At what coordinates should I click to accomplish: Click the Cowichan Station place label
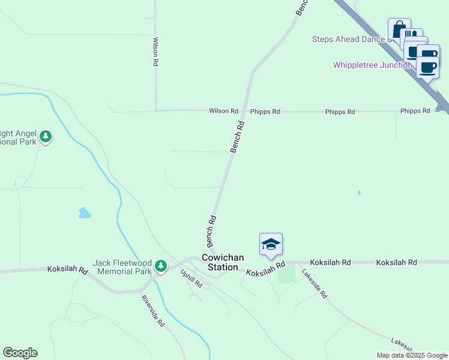(x=223, y=262)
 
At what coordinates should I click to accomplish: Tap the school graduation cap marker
(x=271, y=244)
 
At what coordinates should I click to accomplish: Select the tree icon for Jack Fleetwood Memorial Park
(x=160, y=265)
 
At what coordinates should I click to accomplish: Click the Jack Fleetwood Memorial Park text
(x=122, y=267)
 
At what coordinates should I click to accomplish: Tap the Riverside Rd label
(x=153, y=310)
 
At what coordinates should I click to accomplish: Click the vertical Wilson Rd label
(x=155, y=52)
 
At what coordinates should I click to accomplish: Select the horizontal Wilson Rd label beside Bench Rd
(x=223, y=111)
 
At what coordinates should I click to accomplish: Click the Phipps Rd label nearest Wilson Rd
(x=265, y=112)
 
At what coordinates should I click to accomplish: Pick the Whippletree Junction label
(x=372, y=65)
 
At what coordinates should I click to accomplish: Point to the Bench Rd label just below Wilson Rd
(x=238, y=136)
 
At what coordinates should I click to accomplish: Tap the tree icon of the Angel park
(x=46, y=137)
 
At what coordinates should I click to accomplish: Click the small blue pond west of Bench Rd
(x=85, y=212)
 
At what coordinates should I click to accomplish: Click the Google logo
(x=20, y=353)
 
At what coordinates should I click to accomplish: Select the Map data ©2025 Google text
(x=412, y=355)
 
